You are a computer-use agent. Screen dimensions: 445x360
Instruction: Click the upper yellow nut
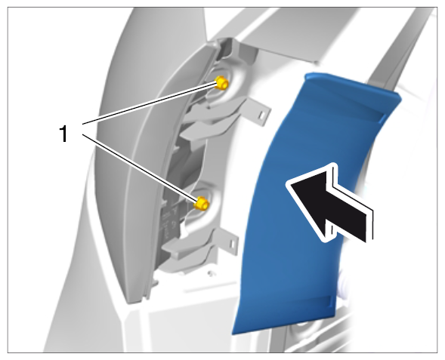[x=221, y=83]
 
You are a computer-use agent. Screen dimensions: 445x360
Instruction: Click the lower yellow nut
[x=202, y=204]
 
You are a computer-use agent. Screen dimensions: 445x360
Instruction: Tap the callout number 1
[x=63, y=134]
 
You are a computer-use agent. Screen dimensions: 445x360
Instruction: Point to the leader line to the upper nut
[x=150, y=103]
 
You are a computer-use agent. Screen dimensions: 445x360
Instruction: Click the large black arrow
[x=329, y=204]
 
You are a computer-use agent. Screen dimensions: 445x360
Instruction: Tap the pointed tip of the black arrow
[x=286, y=184]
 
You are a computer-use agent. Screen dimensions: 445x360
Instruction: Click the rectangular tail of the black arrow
[x=352, y=215]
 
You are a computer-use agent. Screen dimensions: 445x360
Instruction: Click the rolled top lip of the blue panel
[x=352, y=84]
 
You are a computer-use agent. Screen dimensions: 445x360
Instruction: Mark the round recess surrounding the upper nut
[x=224, y=85]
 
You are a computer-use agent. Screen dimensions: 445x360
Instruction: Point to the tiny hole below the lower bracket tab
[x=210, y=273]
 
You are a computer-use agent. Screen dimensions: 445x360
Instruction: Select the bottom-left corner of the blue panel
[x=233, y=334]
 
